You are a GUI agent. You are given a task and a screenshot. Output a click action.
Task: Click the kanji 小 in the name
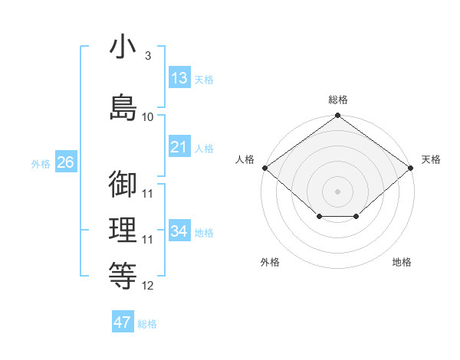pyautogui.click(x=123, y=46)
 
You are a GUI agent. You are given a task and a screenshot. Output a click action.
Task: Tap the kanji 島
pyautogui.click(x=123, y=107)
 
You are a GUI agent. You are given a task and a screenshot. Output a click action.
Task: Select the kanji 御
pyautogui.click(x=123, y=184)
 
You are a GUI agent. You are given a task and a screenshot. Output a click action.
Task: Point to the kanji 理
pyautogui.click(x=123, y=230)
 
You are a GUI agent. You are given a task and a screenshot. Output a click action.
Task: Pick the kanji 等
pyautogui.click(x=123, y=276)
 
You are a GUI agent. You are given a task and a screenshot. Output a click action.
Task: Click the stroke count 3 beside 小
pyautogui.click(x=148, y=55)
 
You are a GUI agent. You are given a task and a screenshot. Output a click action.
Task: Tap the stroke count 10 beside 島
pyautogui.click(x=147, y=117)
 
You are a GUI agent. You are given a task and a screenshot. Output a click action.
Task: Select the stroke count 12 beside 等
pyautogui.click(x=147, y=286)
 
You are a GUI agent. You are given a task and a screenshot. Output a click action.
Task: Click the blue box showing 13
pyautogui.click(x=180, y=77)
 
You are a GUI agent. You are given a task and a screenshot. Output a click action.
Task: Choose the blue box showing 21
pyautogui.click(x=180, y=146)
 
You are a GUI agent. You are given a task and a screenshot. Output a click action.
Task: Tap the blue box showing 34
pyautogui.click(x=180, y=230)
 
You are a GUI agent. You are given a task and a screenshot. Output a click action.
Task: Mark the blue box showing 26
pyautogui.click(x=66, y=162)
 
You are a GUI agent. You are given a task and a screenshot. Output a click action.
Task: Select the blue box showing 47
pyautogui.click(x=123, y=321)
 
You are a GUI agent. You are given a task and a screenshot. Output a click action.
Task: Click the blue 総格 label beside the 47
pyautogui.click(x=147, y=324)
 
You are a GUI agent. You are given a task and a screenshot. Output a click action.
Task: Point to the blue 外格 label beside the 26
pyautogui.click(x=41, y=164)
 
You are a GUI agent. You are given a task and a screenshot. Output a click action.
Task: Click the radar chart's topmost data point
pyautogui.click(x=337, y=115)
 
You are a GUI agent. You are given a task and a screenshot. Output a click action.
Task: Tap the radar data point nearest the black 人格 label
pyautogui.click(x=265, y=168)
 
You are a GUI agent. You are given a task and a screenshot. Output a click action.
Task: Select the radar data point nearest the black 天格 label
pyautogui.click(x=410, y=168)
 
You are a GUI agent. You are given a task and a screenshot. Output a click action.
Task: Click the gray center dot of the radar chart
pyautogui.click(x=337, y=191)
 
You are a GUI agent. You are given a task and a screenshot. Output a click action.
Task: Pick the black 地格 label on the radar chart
pyautogui.click(x=402, y=262)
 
